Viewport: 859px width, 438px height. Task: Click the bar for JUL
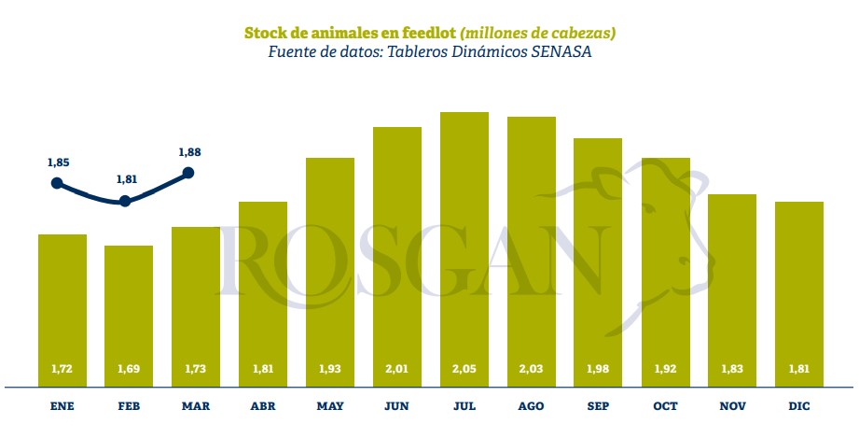coord(464,248)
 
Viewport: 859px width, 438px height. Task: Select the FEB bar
coord(129,315)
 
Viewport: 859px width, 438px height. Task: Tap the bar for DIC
coord(798,293)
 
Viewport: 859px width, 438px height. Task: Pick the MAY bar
coord(330,271)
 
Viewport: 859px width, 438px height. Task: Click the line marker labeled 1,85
coord(58,183)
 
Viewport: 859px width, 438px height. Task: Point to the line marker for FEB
coord(125,201)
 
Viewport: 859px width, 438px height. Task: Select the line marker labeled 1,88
coord(188,172)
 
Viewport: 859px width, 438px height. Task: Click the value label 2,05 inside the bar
coord(464,369)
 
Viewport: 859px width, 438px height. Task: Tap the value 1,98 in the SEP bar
coord(598,369)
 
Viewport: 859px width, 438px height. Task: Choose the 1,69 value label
coord(129,369)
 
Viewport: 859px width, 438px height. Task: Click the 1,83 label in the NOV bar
coord(732,369)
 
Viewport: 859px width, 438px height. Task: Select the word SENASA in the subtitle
coord(561,52)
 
